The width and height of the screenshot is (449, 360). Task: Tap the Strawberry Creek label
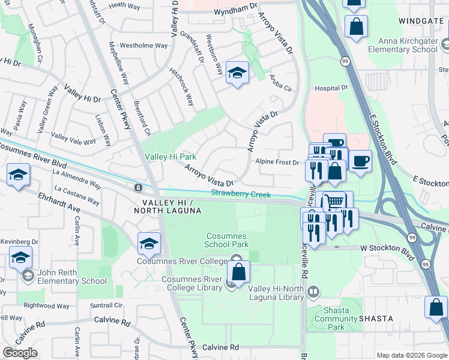tap(241, 194)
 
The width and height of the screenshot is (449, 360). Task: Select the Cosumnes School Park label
tap(227, 240)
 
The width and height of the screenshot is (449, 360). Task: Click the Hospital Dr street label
tap(331, 88)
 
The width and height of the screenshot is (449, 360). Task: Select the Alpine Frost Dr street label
tap(277, 162)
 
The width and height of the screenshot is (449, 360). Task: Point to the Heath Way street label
tap(124, 5)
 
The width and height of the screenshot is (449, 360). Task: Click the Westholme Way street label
tap(143, 45)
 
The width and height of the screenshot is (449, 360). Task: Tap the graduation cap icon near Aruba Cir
tap(238, 74)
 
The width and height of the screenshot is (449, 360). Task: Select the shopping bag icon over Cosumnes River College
tap(239, 271)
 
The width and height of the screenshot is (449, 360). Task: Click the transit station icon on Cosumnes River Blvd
tap(139, 187)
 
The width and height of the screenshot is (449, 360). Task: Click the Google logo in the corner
tap(20, 353)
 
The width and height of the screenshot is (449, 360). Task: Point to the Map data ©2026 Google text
tap(412, 355)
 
